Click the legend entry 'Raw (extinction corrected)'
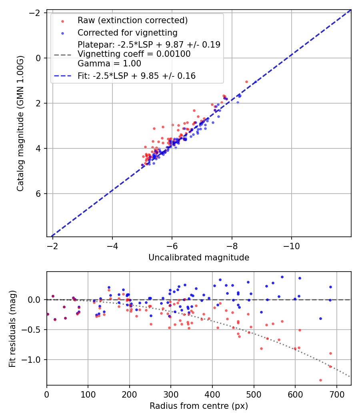click(x=132, y=20)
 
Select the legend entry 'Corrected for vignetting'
click(x=127, y=32)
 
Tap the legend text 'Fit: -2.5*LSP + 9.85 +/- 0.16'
click(x=136, y=76)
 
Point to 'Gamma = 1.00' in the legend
click(x=109, y=63)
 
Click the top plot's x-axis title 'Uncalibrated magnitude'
click(x=199, y=258)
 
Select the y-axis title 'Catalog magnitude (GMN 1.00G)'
click(x=20, y=123)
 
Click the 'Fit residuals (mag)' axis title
click(x=12, y=328)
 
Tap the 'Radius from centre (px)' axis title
click(x=199, y=406)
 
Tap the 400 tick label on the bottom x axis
click(x=212, y=395)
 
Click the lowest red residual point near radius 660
click(x=320, y=380)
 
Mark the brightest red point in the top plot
click(x=246, y=82)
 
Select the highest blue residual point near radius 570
click(x=282, y=277)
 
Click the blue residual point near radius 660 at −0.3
click(x=320, y=318)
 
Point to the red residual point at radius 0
click(x=48, y=314)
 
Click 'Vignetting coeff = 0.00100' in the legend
click(x=134, y=54)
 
